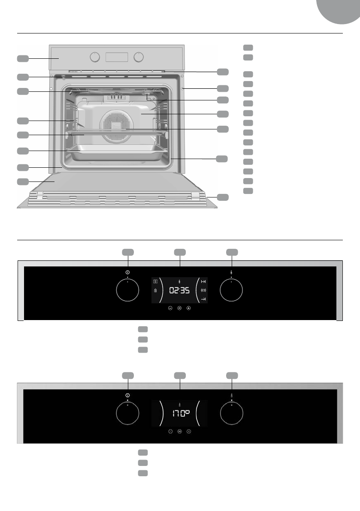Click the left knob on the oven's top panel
tap(95, 57)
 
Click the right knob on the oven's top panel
tap(138, 57)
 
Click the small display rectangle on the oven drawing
tap(117, 57)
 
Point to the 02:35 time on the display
tap(179, 290)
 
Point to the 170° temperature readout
tap(179, 414)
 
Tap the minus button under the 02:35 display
tap(170, 308)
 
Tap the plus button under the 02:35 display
tap(188, 308)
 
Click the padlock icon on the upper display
tap(155, 290)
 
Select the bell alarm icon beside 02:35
tap(203, 290)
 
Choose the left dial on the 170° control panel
tap(128, 414)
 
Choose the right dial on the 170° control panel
tap(231, 414)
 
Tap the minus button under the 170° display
tap(170, 431)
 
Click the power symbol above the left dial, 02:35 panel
tap(128, 272)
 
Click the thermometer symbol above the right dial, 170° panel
tap(231, 395)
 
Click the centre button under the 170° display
tap(179, 431)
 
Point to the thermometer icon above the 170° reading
tap(179, 404)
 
